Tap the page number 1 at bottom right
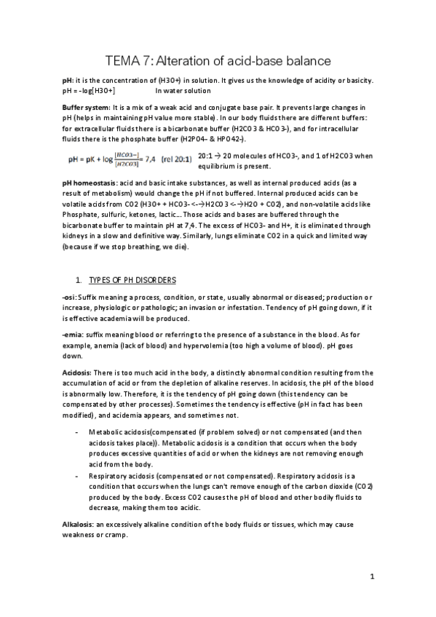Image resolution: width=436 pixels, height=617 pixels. click(x=371, y=578)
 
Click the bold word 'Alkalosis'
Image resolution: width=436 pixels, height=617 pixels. click(x=79, y=524)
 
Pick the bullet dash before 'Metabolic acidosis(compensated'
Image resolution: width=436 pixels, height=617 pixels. click(x=77, y=431)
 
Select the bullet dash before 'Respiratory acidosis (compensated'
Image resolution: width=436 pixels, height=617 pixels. click(x=77, y=473)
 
